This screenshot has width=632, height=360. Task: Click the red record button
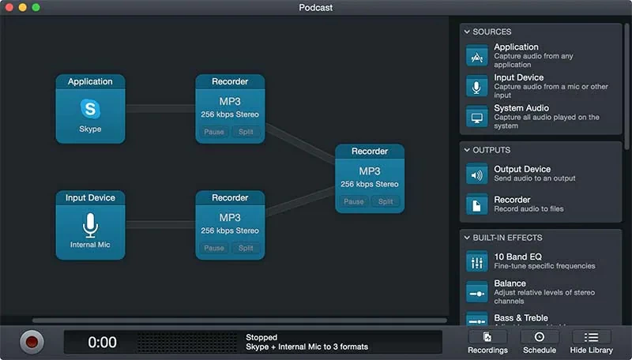(32, 342)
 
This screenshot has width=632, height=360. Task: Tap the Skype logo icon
(90, 108)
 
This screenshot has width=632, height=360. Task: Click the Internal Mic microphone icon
(90, 226)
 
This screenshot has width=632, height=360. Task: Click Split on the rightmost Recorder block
(386, 201)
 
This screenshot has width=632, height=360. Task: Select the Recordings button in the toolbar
(487, 342)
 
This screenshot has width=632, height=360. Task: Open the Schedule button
(540, 342)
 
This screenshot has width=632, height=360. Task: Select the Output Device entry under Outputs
(522, 169)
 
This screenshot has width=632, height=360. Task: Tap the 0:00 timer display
(102, 342)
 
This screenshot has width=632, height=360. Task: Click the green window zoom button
(36, 7)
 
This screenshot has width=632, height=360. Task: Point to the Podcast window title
(316, 8)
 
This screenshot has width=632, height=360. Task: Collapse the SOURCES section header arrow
(467, 32)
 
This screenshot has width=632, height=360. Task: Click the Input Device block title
(90, 198)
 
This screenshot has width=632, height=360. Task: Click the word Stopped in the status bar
(261, 337)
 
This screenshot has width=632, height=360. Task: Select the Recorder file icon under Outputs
(476, 204)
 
